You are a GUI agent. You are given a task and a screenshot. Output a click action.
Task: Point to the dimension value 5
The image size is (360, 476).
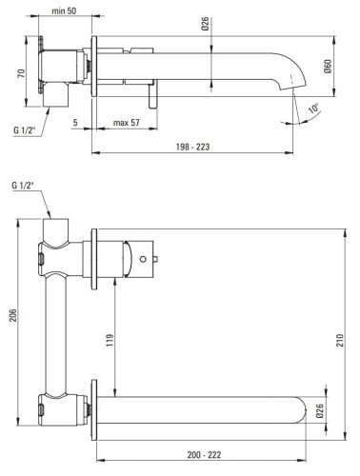pos(74,122)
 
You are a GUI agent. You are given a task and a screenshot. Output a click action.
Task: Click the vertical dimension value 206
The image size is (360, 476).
pos(12,316)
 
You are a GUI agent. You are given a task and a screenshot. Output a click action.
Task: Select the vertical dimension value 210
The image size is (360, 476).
pos(349,339)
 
